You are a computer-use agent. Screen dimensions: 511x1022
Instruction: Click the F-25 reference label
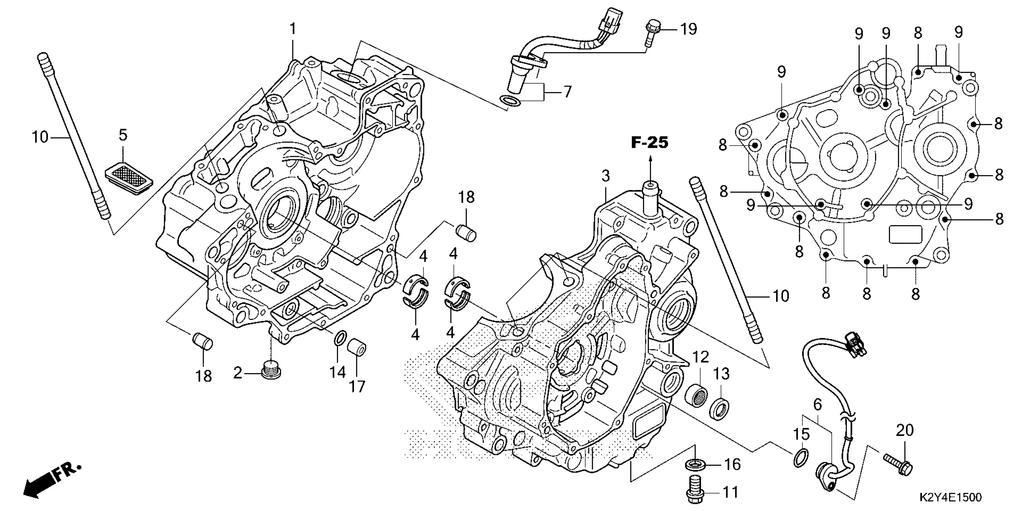(x=650, y=143)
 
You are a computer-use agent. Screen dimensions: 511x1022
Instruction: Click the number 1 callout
(x=293, y=29)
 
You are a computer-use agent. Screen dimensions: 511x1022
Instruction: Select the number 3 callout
(x=605, y=176)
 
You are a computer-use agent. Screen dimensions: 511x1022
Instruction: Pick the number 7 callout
(x=568, y=92)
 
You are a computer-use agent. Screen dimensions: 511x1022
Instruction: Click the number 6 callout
(x=817, y=404)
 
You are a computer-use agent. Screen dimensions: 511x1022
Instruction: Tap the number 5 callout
(x=123, y=135)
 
